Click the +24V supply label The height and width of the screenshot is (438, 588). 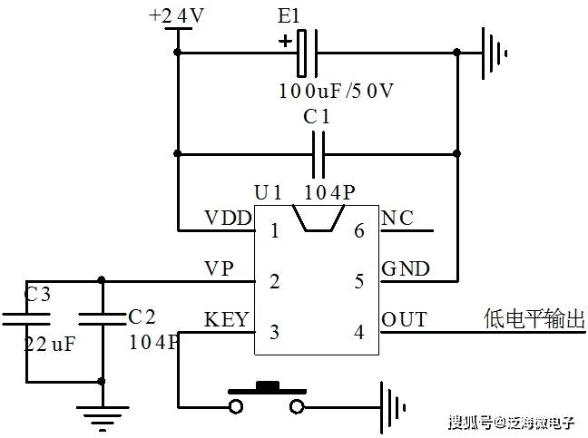pyautogui.click(x=176, y=15)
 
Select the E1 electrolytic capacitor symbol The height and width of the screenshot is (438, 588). pyautogui.click(x=307, y=53)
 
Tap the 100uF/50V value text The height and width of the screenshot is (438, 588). pyautogui.click(x=336, y=91)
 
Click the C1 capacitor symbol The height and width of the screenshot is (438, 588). pyautogui.click(x=318, y=154)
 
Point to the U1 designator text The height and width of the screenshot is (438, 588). pyautogui.click(x=268, y=192)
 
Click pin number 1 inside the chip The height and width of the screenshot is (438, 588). pyautogui.click(x=275, y=231)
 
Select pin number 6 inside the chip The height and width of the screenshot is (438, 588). pyautogui.click(x=359, y=231)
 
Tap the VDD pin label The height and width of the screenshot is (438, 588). pyautogui.click(x=228, y=218)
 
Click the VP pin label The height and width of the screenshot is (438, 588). pyautogui.click(x=219, y=268)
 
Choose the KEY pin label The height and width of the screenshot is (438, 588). pyautogui.click(x=226, y=319)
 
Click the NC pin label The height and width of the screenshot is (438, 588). pyautogui.click(x=397, y=218)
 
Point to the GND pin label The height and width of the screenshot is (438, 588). pyautogui.click(x=406, y=268)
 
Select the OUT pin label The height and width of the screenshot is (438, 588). pyautogui.click(x=405, y=319)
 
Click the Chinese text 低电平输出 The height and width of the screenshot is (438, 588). pyautogui.click(x=534, y=319)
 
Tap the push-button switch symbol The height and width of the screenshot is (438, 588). pyautogui.click(x=267, y=398)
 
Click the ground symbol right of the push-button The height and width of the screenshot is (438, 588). pyautogui.click(x=392, y=407)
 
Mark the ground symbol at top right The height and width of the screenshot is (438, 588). pyautogui.click(x=495, y=54)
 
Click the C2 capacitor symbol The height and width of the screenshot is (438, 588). pyautogui.click(x=102, y=319)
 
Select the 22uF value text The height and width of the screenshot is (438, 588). pyautogui.click(x=50, y=344)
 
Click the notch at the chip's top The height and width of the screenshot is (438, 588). pyautogui.click(x=318, y=218)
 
